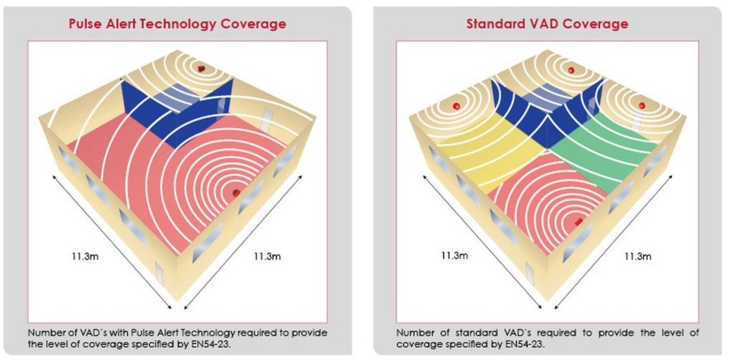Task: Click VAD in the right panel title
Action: [x=538, y=24]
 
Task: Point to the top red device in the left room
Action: [x=202, y=68]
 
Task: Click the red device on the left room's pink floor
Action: [x=236, y=193]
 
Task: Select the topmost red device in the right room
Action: [x=571, y=70]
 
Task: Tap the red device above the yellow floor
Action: [x=456, y=107]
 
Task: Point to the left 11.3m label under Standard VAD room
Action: [x=455, y=255]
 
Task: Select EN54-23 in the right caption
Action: [x=530, y=344]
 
